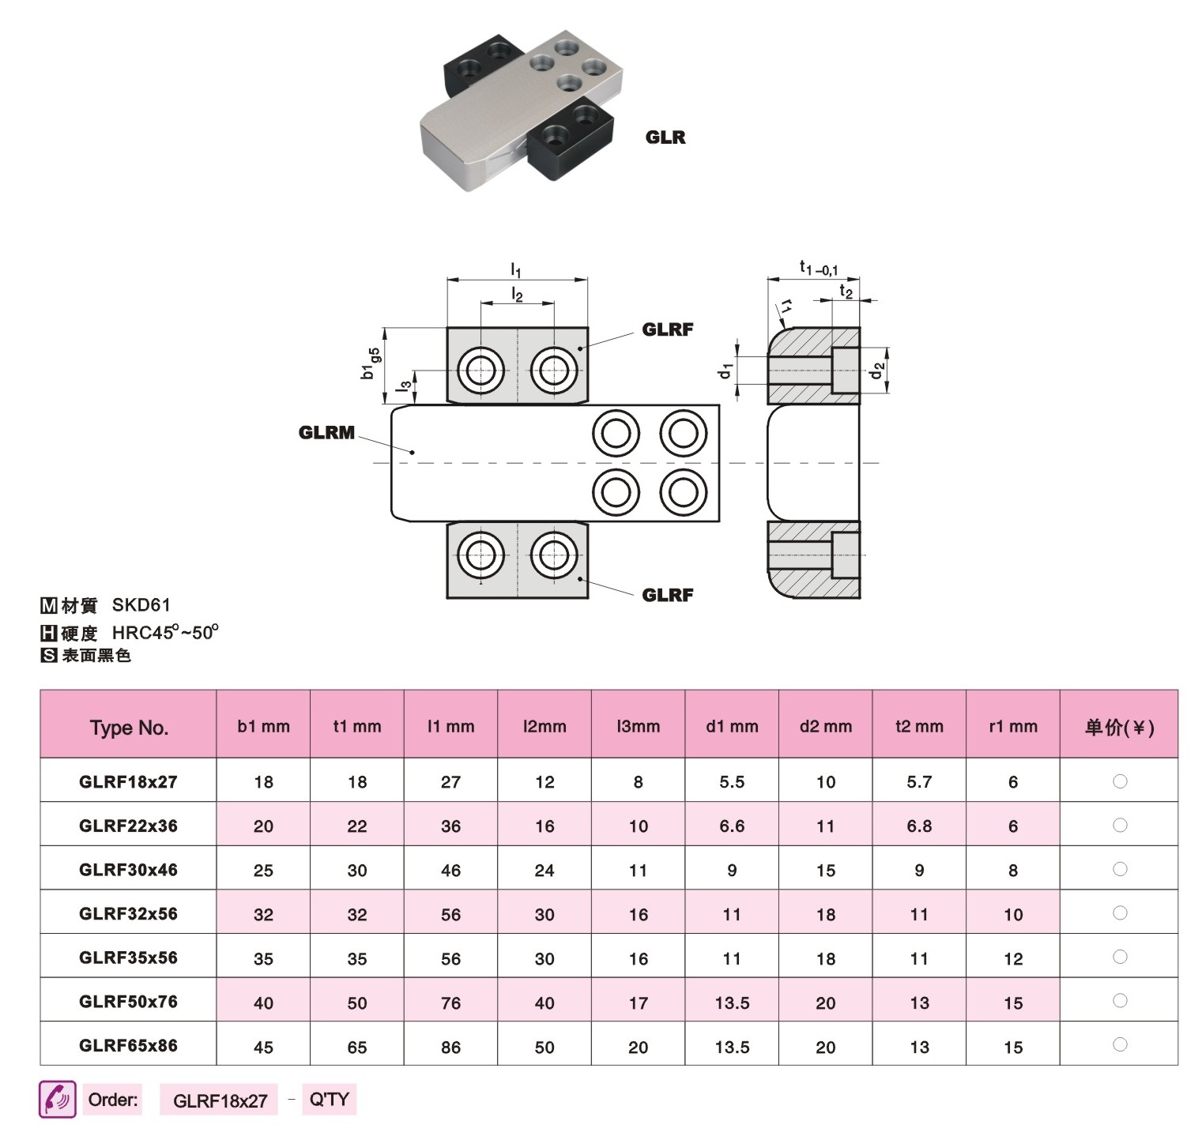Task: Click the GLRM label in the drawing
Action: click(x=326, y=432)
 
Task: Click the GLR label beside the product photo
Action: click(x=665, y=137)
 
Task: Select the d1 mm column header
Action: click(x=732, y=726)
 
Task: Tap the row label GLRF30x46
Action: click(x=128, y=870)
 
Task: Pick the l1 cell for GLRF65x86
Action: click(x=450, y=1047)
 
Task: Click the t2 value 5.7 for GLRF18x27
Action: click(x=919, y=782)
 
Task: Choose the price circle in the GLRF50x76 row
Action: click(x=1120, y=1001)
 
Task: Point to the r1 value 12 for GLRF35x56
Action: click(x=1013, y=959)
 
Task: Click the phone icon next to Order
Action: click(x=58, y=1099)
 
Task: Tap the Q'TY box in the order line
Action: click(x=330, y=1099)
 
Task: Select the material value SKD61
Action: click(x=141, y=605)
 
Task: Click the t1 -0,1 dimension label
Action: click(x=818, y=269)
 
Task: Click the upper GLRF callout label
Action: click(x=668, y=329)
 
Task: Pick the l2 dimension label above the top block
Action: click(x=517, y=295)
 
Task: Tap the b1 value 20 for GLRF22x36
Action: click(x=263, y=826)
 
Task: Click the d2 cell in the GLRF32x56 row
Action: click(x=826, y=915)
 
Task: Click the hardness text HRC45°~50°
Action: click(x=165, y=632)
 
